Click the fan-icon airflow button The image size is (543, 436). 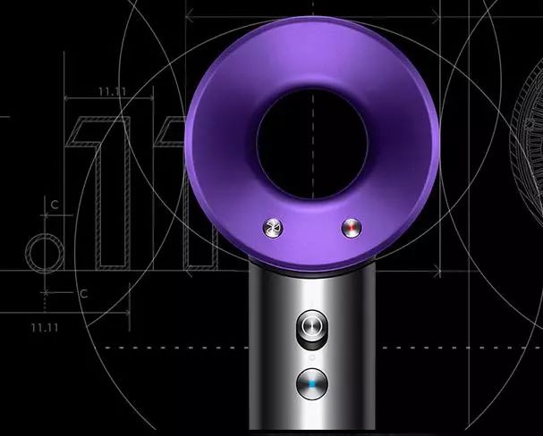(273, 228)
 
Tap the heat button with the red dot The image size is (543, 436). (352, 228)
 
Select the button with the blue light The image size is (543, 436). (312, 384)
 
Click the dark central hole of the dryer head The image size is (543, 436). (311, 144)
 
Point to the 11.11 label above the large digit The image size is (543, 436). (113, 92)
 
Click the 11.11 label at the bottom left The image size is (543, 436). (45, 327)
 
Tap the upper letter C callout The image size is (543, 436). (55, 205)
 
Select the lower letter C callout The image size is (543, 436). (84, 294)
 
